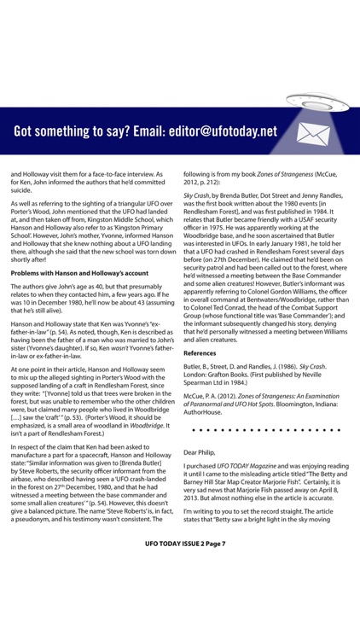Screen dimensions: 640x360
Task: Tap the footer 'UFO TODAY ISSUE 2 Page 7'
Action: tap(180, 614)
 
